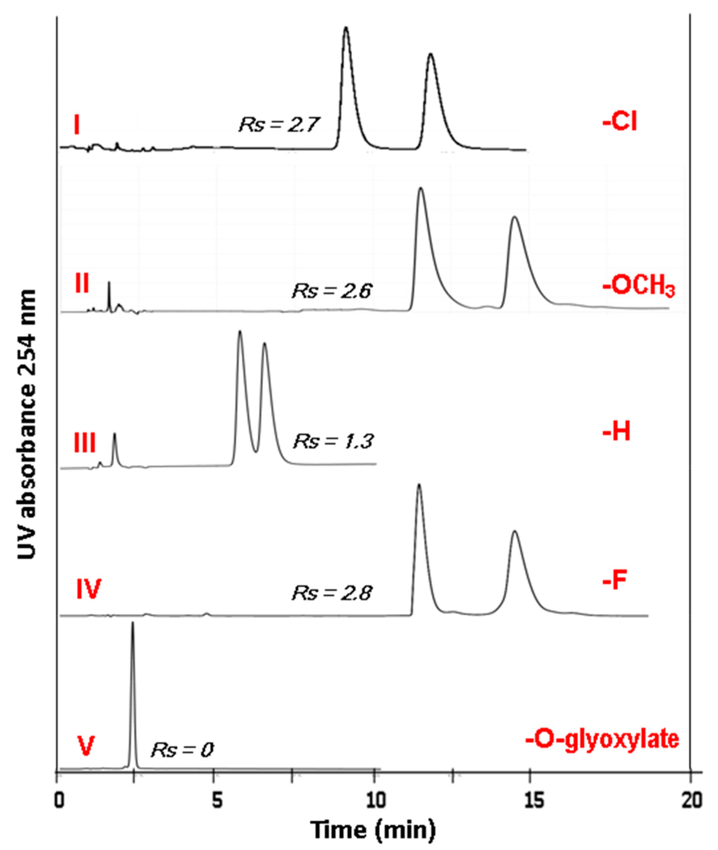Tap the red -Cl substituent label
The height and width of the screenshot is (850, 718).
click(619, 123)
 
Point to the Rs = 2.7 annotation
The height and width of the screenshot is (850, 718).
click(280, 124)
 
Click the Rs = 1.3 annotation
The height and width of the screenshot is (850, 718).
click(333, 441)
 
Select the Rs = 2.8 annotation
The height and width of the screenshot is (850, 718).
click(332, 593)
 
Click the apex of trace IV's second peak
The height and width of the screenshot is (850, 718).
click(515, 531)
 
